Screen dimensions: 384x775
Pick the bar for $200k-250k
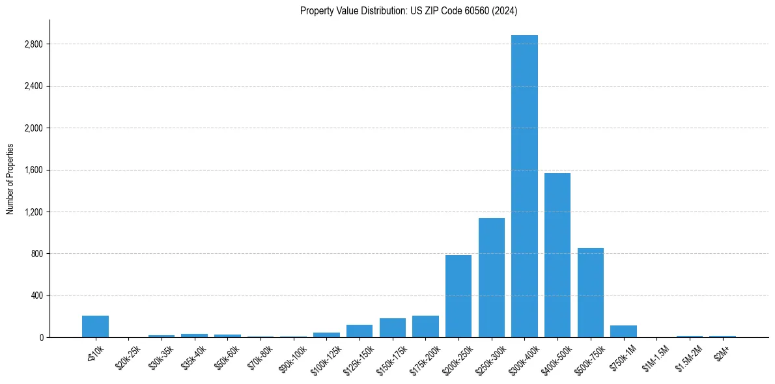(x=458, y=296)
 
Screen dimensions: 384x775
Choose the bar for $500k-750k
(x=591, y=293)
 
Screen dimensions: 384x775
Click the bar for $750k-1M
(x=623, y=331)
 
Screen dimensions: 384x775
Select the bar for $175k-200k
(x=425, y=327)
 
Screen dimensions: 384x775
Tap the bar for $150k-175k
(x=393, y=328)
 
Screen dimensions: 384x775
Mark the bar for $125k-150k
(x=359, y=331)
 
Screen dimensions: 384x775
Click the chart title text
(x=409, y=10)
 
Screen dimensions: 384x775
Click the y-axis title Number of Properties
(x=10, y=179)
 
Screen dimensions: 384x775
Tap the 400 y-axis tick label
(x=36, y=295)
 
